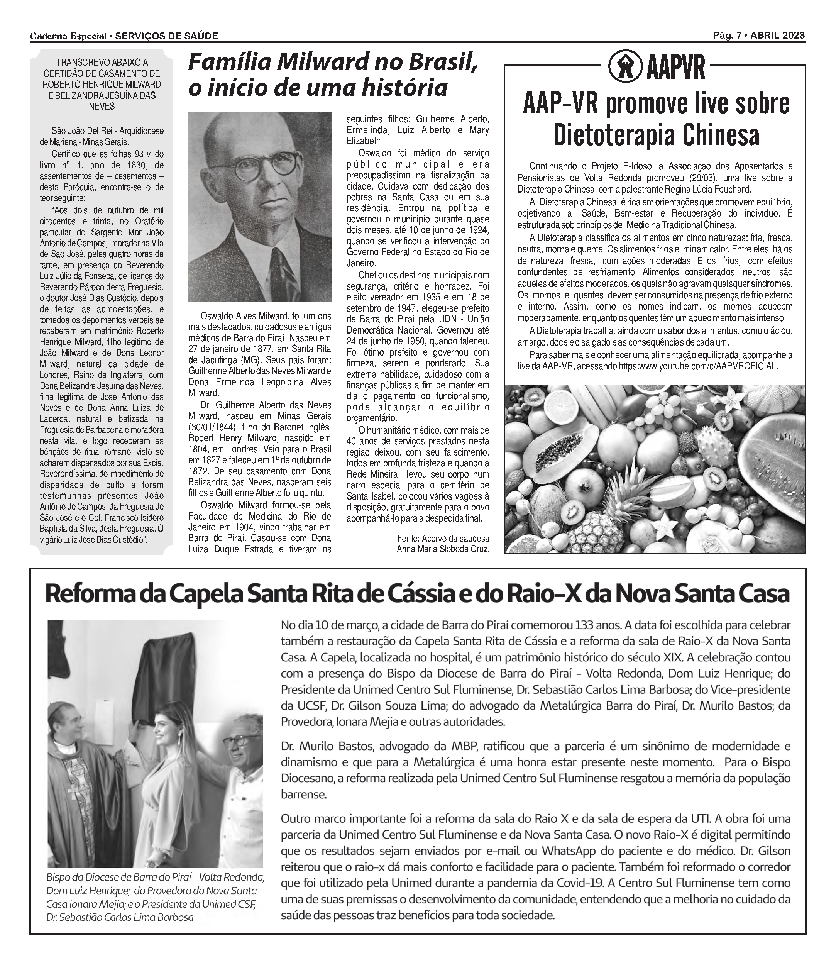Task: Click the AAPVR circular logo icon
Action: (625, 68)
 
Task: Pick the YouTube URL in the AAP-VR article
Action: (698, 366)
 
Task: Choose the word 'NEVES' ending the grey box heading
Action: (102, 107)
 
